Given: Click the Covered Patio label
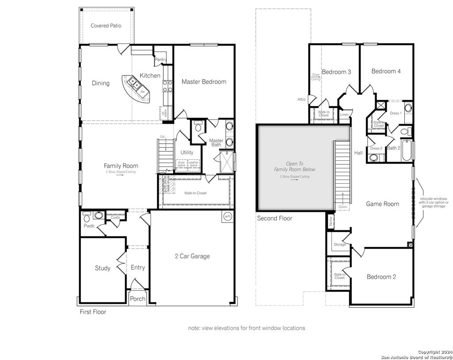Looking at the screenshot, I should point(106,26).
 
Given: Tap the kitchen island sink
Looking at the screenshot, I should point(132,81).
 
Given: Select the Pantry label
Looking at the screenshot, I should point(161,59).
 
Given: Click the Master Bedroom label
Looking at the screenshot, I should point(204,81).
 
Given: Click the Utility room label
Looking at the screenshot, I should point(187,152).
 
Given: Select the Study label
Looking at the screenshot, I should point(103,268).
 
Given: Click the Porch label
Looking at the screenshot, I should point(138,299).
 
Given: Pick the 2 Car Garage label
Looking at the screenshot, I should point(192,256).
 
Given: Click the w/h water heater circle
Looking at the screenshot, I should point(228,217).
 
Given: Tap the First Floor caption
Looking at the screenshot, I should point(93,312).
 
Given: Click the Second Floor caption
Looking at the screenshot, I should point(274,218).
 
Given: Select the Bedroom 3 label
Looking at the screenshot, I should point(336,72).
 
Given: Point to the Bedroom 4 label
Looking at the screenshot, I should point(386,71).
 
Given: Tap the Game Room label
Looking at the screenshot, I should point(382,204).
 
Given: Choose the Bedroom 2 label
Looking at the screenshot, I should point(381,277).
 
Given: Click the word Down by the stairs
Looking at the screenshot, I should point(342,207).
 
